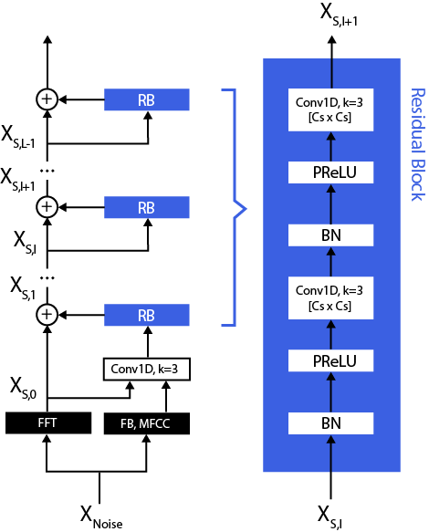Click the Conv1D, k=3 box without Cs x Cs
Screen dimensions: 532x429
pyautogui.click(x=146, y=369)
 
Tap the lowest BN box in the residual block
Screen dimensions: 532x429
pyautogui.click(x=331, y=422)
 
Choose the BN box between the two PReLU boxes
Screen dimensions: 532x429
pyautogui.click(x=331, y=235)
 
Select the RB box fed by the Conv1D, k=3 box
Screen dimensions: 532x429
pyautogui.click(x=146, y=315)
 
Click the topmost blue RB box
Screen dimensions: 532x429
pyautogui.click(x=146, y=99)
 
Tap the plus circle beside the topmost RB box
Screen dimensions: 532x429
pyautogui.click(x=46, y=99)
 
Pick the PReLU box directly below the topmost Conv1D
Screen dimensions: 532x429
pyautogui.click(x=331, y=172)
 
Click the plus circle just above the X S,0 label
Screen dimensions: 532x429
pyautogui.click(x=46, y=315)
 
